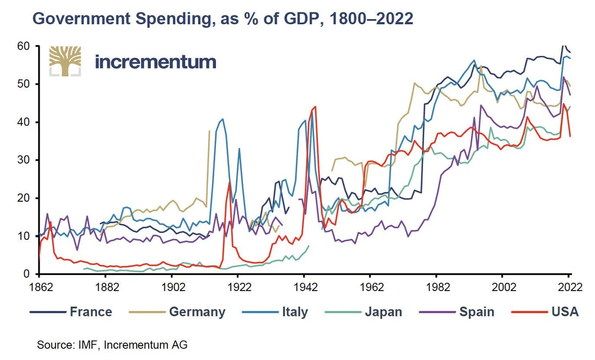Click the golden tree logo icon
point(65,61)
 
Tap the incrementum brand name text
point(155,61)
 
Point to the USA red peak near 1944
point(315,107)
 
